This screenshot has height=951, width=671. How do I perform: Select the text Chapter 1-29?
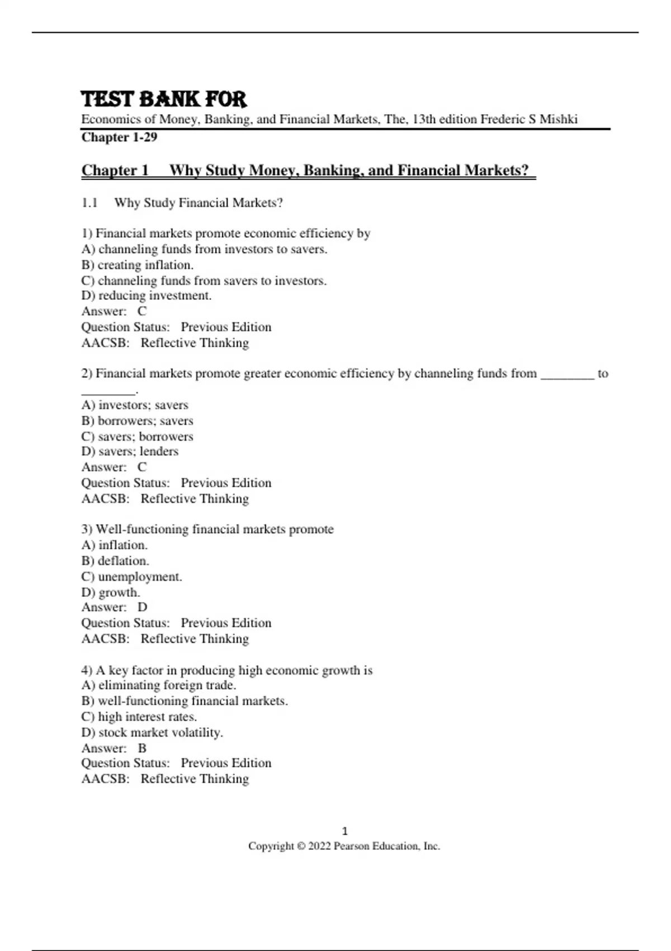coord(119,137)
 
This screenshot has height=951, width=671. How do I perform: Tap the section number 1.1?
coord(89,203)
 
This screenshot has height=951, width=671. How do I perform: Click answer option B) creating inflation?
coord(137,265)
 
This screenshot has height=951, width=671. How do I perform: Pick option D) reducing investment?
coord(147,295)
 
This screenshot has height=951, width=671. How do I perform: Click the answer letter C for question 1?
coord(142,311)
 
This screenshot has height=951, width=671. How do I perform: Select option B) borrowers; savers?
coord(137,421)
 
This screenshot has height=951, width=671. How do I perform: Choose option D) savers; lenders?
coord(130,451)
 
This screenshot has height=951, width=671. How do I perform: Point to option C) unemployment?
coord(131,577)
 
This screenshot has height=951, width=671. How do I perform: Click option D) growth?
coord(111,592)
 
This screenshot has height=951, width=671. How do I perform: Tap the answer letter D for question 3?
coord(142,608)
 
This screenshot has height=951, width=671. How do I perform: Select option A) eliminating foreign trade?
coord(159,685)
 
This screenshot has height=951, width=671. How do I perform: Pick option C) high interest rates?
coord(139,717)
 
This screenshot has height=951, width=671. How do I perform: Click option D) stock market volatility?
coord(152,732)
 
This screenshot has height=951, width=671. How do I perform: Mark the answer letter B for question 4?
coord(142,748)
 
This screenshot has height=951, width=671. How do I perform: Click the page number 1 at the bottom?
coord(344,831)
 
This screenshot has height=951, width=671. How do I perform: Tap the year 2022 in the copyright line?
coord(319,846)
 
